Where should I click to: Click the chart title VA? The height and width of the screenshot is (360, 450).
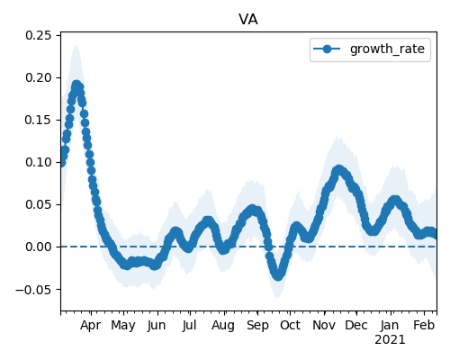[248, 20]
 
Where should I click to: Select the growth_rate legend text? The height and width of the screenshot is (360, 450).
[387, 49]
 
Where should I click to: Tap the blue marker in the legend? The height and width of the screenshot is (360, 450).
[327, 49]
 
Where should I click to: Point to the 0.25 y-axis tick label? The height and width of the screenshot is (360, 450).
[39, 35]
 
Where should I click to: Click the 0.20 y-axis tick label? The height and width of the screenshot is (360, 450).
[39, 77]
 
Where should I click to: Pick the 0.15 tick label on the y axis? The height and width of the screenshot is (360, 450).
[39, 120]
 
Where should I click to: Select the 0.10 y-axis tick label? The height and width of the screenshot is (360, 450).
[39, 162]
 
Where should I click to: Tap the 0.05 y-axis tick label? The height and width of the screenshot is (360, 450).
[39, 204]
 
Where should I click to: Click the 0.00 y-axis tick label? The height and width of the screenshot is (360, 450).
[39, 247]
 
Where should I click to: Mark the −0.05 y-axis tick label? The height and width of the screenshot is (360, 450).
[33, 290]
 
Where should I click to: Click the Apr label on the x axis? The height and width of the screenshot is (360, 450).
[90, 326]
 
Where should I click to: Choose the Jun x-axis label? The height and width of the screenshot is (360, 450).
[157, 326]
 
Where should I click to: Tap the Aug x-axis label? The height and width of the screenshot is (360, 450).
[223, 326]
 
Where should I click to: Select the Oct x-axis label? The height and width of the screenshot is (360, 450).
[290, 325]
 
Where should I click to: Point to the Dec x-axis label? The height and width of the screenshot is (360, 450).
[356, 325]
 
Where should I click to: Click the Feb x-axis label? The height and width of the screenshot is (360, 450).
[424, 325]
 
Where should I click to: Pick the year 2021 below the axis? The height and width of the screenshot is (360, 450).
[390, 340]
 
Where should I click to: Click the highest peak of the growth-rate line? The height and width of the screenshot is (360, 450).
[76, 85]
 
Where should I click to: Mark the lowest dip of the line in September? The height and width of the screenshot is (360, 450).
[278, 275]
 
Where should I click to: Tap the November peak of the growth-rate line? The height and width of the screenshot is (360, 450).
[338, 170]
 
